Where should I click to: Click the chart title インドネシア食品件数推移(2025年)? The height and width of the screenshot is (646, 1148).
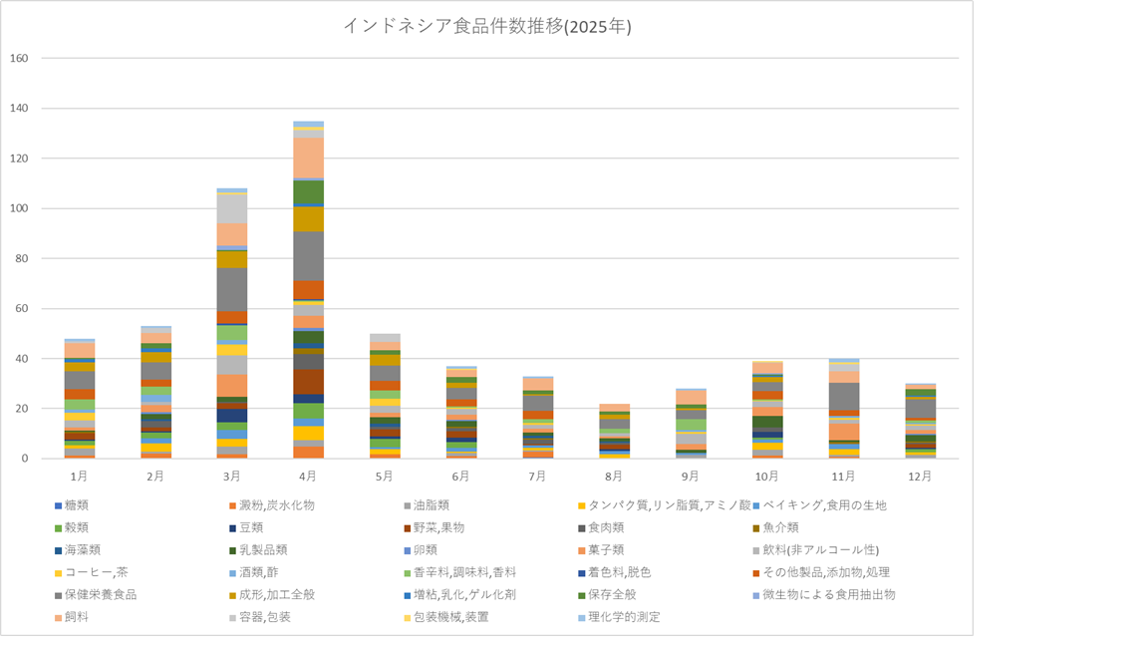pos(486,27)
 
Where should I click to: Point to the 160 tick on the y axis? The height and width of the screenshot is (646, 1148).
pos(21,59)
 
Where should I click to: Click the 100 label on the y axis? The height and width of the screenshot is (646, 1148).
pos(21,208)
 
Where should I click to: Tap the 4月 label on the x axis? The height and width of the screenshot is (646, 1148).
pos(308,477)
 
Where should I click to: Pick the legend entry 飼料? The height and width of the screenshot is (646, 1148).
pos(81,617)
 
